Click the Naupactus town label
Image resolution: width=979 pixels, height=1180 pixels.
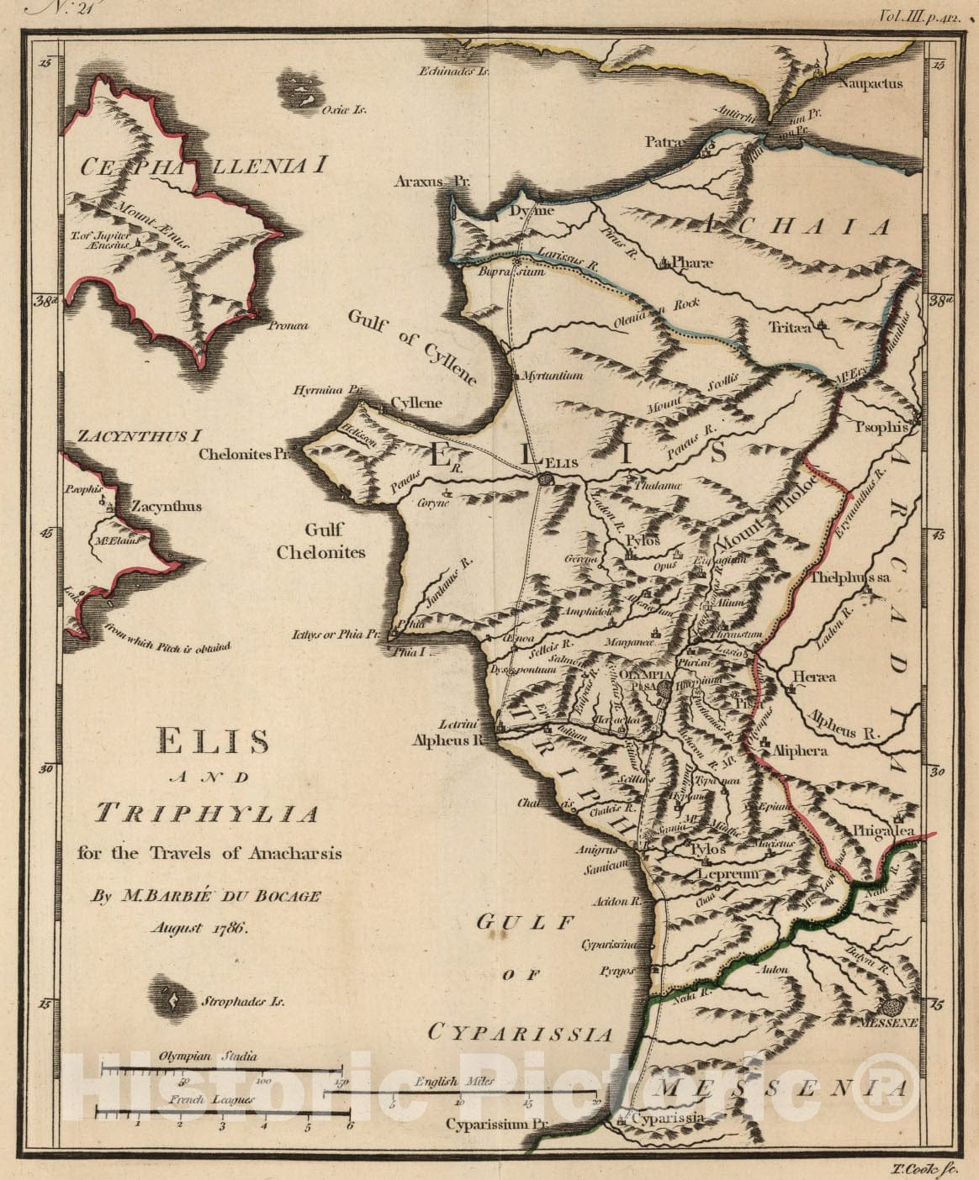(x=870, y=84)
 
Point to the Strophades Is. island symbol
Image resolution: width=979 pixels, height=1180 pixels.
(x=172, y=999)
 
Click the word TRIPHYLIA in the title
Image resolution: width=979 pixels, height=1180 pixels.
(x=209, y=814)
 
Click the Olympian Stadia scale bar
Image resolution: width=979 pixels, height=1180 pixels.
(x=221, y=1070)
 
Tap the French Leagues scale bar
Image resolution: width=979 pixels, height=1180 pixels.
(x=223, y=1114)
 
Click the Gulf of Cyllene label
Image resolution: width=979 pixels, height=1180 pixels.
(x=412, y=346)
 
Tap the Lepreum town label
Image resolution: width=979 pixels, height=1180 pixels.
(x=728, y=875)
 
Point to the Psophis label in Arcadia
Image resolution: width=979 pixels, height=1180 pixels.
(x=881, y=427)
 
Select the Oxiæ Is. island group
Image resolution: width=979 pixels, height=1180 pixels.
(x=297, y=90)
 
